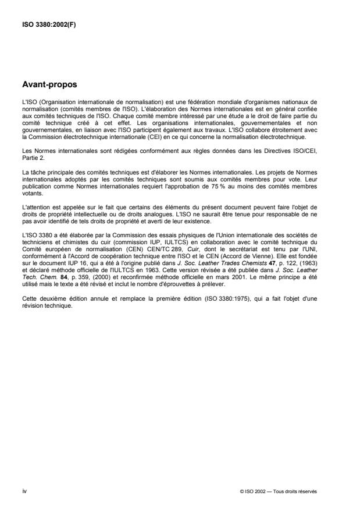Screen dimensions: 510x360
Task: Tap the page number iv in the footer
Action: click(23, 491)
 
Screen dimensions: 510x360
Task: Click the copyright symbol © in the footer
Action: click(241, 491)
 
